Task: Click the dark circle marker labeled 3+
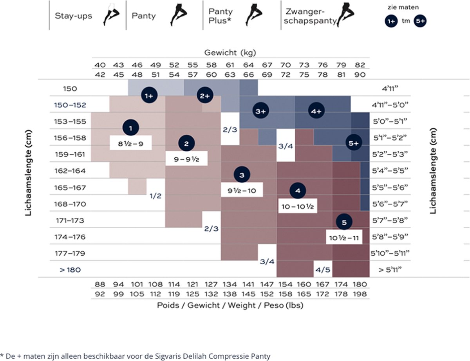click(x=260, y=111)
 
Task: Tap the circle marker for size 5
click(x=344, y=222)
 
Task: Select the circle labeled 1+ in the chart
click(x=149, y=96)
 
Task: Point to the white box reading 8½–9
click(x=131, y=144)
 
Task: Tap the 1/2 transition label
click(x=155, y=196)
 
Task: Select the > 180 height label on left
click(x=64, y=270)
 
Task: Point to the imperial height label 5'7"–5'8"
click(x=390, y=220)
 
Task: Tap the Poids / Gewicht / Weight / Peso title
click(x=230, y=305)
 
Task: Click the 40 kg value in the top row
click(x=100, y=65)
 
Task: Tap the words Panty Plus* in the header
click(x=220, y=16)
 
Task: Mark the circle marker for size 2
click(x=186, y=143)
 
